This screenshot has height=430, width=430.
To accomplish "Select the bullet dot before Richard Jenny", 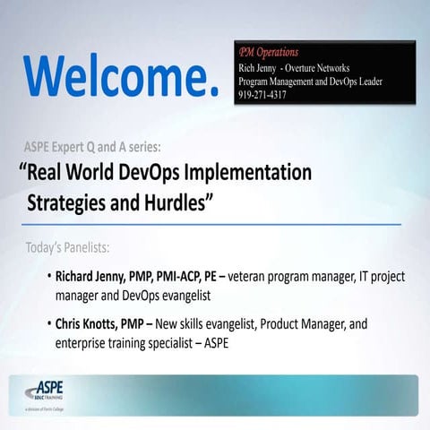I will click(x=47, y=276).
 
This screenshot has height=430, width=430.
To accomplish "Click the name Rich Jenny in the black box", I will click(x=261, y=68).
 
